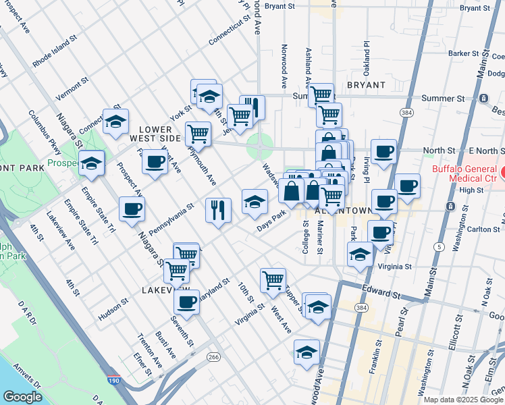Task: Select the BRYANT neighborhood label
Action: pos(366,85)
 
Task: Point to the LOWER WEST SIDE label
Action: pos(160,132)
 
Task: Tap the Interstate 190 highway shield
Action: pos(115,381)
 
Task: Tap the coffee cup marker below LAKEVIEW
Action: pos(186,300)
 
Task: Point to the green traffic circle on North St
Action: pos(256,144)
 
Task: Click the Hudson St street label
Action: pos(113,309)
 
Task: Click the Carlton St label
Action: pos(483,229)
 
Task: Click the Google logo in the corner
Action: pos(23,397)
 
